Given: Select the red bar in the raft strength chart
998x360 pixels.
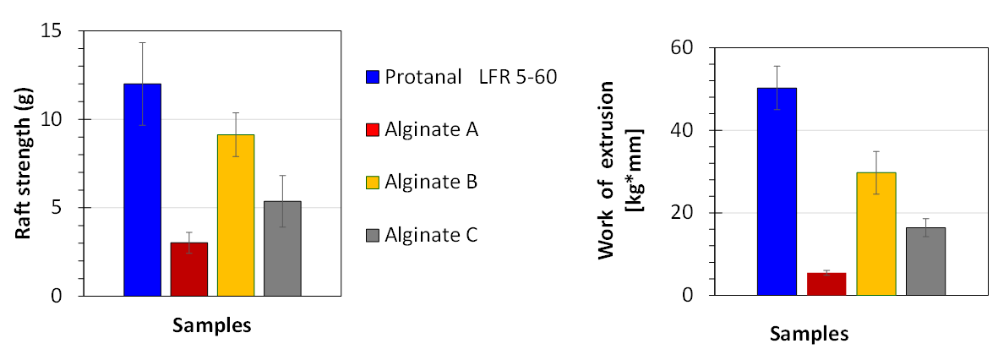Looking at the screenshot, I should pyautogui.click(x=188, y=270).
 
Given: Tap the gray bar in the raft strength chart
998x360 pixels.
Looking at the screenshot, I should pyautogui.click(x=282, y=248).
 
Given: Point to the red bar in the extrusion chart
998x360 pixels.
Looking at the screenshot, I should pyautogui.click(x=826, y=285).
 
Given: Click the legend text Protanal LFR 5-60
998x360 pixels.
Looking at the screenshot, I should pyautogui.click(x=470, y=77).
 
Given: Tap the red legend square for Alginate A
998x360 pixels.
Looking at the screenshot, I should pyautogui.click(x=372, y=129).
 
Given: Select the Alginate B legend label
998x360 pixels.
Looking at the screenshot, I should pyautogui.click(x=431, y=182).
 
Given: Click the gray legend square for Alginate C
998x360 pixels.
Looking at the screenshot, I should pyautogui.click(x=372, y=235).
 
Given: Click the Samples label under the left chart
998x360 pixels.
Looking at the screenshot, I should pyautogui.click(x=212, y=325).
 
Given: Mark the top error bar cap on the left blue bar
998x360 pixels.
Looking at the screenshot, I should pyautogui.click(x=142, y=42).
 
